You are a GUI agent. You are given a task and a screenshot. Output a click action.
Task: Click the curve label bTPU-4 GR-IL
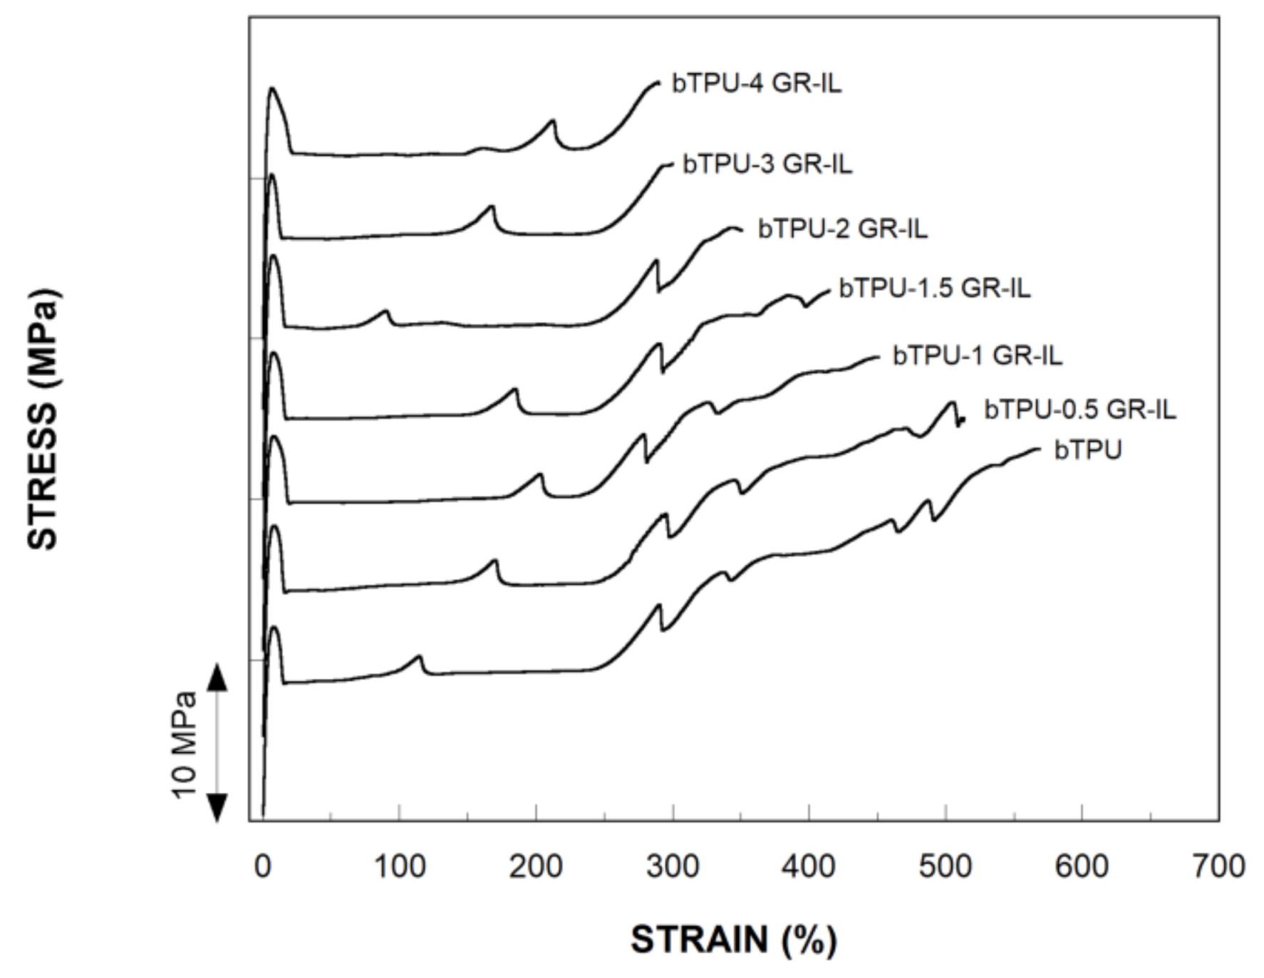756,83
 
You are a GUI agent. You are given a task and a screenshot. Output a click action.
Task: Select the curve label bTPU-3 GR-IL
767,164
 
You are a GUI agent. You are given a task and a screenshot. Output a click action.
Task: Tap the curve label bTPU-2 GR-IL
842,229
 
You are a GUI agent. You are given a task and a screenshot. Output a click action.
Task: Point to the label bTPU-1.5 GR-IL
934,288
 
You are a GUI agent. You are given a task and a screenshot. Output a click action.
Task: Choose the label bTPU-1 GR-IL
977,355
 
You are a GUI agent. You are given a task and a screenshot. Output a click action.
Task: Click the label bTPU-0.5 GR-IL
1079,410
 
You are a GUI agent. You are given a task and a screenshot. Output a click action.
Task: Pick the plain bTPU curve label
1087,450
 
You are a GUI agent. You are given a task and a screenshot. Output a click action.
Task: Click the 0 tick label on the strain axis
262,867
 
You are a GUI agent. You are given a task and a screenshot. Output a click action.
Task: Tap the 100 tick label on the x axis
399,867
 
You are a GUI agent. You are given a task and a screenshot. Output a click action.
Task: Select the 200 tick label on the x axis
536,867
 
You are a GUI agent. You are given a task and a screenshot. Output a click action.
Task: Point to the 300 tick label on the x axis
672,867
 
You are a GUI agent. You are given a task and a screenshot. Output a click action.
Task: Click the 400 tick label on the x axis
808,867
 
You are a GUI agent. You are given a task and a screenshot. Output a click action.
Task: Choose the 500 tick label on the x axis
945,867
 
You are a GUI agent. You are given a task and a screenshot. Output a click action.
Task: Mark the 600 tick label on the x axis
1081,867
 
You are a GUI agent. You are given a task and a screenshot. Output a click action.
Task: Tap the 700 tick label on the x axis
1218,867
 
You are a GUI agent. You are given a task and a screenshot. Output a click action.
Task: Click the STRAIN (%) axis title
733,940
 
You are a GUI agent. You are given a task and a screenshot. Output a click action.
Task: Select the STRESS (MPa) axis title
43,419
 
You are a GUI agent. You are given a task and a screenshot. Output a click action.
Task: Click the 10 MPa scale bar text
185,745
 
